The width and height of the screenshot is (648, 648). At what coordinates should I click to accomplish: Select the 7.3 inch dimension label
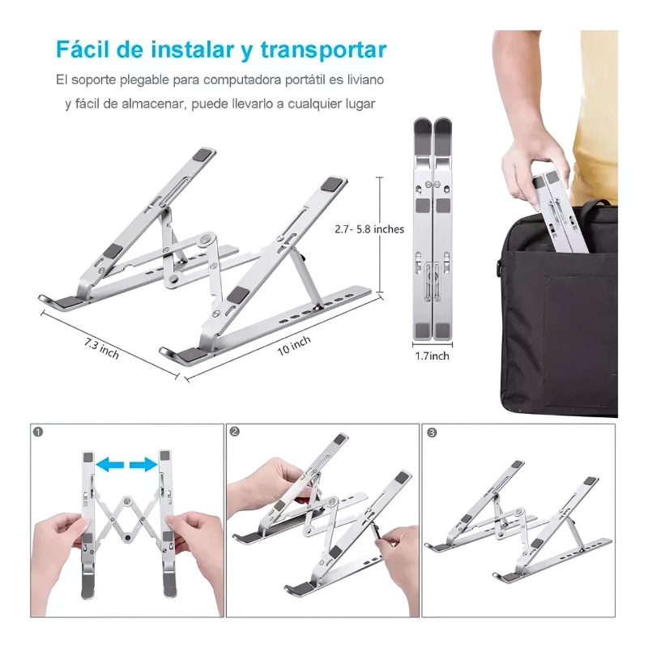pyautogui.click(x=101, y=349)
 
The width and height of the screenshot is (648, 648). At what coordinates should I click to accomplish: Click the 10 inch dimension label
pyautogui.click(x=294, y=343)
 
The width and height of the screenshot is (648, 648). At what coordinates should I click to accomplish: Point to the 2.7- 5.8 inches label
pyautogui.click(x=369, y=229)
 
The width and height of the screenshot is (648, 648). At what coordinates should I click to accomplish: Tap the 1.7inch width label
pyautogui.click(x=432, y=355)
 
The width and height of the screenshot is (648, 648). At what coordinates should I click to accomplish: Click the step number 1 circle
pyautogui.click(x=39, y=433)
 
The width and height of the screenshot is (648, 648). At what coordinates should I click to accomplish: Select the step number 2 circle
pyautogui.click(x=235, y=433)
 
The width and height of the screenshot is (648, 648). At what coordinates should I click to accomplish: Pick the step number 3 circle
pyautogui.click(x=432, y=433)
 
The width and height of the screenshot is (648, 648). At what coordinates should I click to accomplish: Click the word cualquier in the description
pyautogui.click(x=309, y=104)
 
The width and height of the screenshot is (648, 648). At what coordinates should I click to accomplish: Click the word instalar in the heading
pyautogui.click(x=194, y=49)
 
